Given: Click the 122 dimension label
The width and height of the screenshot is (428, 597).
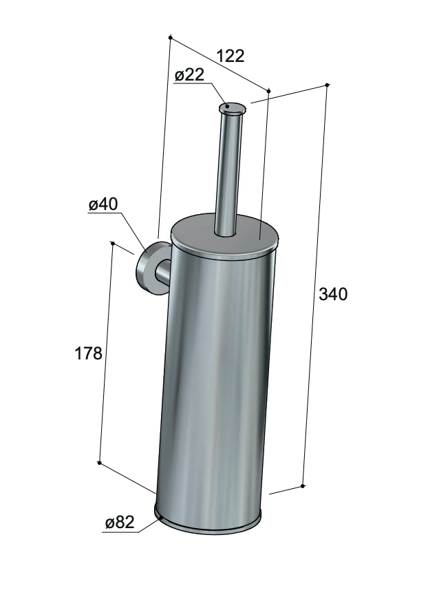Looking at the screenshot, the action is coord(230,56).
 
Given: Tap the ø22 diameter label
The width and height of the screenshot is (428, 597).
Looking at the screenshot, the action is coord(189,74).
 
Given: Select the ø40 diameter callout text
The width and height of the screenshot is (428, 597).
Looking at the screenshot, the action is coord(103,205).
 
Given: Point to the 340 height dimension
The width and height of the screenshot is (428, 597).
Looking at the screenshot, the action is coord(333,294).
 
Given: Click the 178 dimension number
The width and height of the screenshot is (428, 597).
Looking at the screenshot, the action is coord(88,354).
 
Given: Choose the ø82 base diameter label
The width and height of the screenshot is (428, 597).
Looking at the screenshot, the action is coord(120,523).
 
